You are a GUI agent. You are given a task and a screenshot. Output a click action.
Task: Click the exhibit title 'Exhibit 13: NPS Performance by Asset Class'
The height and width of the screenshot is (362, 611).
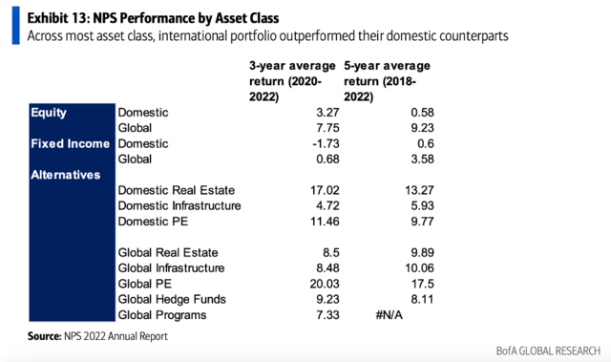click(x=153, y=18)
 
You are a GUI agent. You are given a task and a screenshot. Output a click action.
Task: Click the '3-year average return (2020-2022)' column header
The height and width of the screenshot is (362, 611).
click(x=292, y=81)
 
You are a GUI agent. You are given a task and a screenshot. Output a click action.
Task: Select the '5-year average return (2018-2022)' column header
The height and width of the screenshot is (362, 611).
click(x=387, y=81)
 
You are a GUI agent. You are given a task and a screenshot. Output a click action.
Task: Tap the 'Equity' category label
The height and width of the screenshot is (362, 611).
click(x=49, y=113)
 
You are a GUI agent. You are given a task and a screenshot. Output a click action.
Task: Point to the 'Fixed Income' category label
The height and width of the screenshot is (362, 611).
click(x=70, y=144)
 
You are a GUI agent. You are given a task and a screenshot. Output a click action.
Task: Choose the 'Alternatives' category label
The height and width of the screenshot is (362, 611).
click(x=66, y=175)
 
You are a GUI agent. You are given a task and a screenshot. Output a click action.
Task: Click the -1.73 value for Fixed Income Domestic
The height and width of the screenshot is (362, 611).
click(x=326, y=144)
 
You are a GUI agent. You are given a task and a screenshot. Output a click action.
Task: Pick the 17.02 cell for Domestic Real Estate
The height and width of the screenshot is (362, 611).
click(x=325, y=190)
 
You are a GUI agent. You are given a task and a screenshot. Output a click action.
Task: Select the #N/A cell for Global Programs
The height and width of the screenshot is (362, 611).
click(x=389, y=315)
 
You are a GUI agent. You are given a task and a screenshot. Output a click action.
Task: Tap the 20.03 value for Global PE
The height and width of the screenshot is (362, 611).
click(x=325, y=284)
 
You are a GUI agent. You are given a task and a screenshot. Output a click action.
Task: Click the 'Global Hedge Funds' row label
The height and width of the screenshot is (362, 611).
click(x=172, y=300)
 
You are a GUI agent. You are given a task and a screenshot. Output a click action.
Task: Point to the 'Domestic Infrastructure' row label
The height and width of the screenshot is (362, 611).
click(x=179, y=206)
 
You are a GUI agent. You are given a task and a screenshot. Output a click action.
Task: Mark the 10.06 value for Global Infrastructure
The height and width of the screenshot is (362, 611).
click(x=419, y=268)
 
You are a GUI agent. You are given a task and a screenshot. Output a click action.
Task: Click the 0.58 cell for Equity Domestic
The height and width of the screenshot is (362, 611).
click(x=422, y=113)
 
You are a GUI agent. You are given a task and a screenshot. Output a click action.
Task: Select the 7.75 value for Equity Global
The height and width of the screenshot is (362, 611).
click(x=327, y=128)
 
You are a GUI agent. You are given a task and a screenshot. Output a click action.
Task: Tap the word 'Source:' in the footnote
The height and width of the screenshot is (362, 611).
click(x=45, y=336)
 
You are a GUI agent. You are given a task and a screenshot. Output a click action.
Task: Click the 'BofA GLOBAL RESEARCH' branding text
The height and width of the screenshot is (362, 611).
click(x=548, y=351)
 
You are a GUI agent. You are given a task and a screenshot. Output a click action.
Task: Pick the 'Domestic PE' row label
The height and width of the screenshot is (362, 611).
click(x=153, y=222)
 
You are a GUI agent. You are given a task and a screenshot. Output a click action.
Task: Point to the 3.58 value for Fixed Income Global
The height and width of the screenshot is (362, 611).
click(x=422, y=160)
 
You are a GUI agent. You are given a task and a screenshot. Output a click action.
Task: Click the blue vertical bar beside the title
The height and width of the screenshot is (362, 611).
click(x=15, y=26)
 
